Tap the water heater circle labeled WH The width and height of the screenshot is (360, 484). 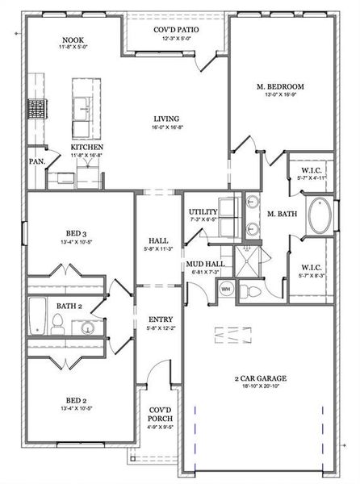[x=226, y=289]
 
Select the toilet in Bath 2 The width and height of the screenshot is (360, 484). [x=57, y=326]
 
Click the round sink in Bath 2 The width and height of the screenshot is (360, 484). [x=86, y=328]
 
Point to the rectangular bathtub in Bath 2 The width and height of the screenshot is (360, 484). [x=37, y=316]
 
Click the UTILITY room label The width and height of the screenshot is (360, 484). [x=203, y=212]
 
